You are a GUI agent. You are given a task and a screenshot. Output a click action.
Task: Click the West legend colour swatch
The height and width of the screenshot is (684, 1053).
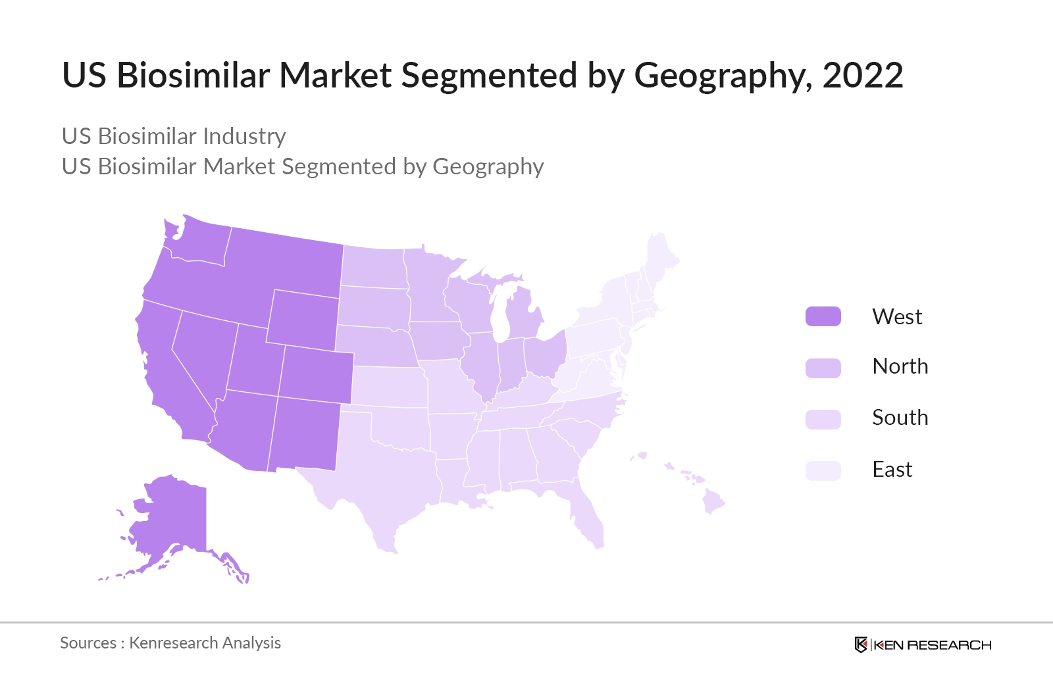(823, 316)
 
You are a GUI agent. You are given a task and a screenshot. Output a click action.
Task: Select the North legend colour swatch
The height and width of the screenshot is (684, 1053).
(823, 368)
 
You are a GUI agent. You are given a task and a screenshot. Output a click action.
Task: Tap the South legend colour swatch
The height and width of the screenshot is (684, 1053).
(823, 419)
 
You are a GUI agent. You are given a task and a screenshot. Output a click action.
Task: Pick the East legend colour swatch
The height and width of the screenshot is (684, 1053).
(823, 470)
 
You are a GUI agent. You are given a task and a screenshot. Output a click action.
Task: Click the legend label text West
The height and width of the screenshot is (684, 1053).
(896, 317)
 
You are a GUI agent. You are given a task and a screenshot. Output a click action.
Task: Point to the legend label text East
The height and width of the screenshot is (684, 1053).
(892, 470)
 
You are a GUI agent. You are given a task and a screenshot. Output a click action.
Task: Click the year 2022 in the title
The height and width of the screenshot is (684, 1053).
(862, 75)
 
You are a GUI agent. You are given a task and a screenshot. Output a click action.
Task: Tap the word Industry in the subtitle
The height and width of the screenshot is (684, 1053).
(244, 136)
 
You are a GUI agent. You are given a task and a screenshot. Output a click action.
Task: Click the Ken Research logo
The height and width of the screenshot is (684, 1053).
(923, 645)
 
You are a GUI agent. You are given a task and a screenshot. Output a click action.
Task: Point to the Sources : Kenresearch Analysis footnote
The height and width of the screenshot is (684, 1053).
(170, 643)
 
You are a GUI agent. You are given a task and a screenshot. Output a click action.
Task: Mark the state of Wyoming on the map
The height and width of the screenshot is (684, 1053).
(303, 319)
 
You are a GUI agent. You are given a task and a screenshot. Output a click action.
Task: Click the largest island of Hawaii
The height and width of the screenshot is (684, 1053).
(713, 502)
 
